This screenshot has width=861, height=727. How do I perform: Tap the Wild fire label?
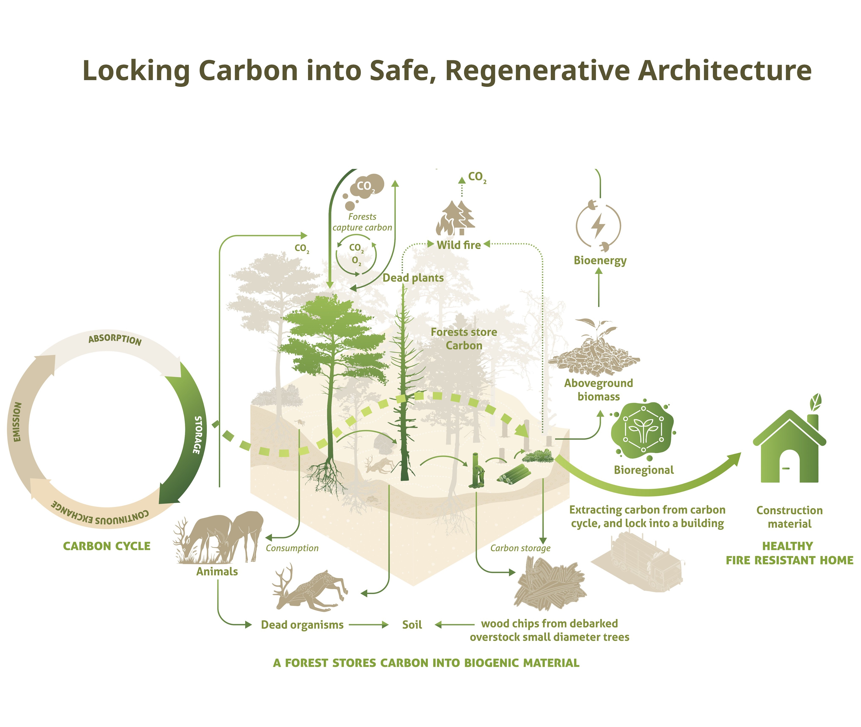pyautogui.click(x=459, y=245)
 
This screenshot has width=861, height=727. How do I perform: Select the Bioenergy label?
pyautogui.click(x=600, y=261)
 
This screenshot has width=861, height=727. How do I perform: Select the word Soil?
pyautogui.click(x=412, y=625)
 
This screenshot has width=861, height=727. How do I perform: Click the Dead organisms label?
pyautogui.click(x=302, y=625)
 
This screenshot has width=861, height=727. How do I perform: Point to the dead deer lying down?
pyautogui.click(x=309, y=589)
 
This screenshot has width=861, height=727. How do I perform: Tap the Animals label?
pyautogui.click(x=217, y=572)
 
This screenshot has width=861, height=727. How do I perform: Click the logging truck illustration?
pyautogui.click(x=637, y=560)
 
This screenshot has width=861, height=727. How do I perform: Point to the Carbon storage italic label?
pyautogui.click(x=520, y=548)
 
